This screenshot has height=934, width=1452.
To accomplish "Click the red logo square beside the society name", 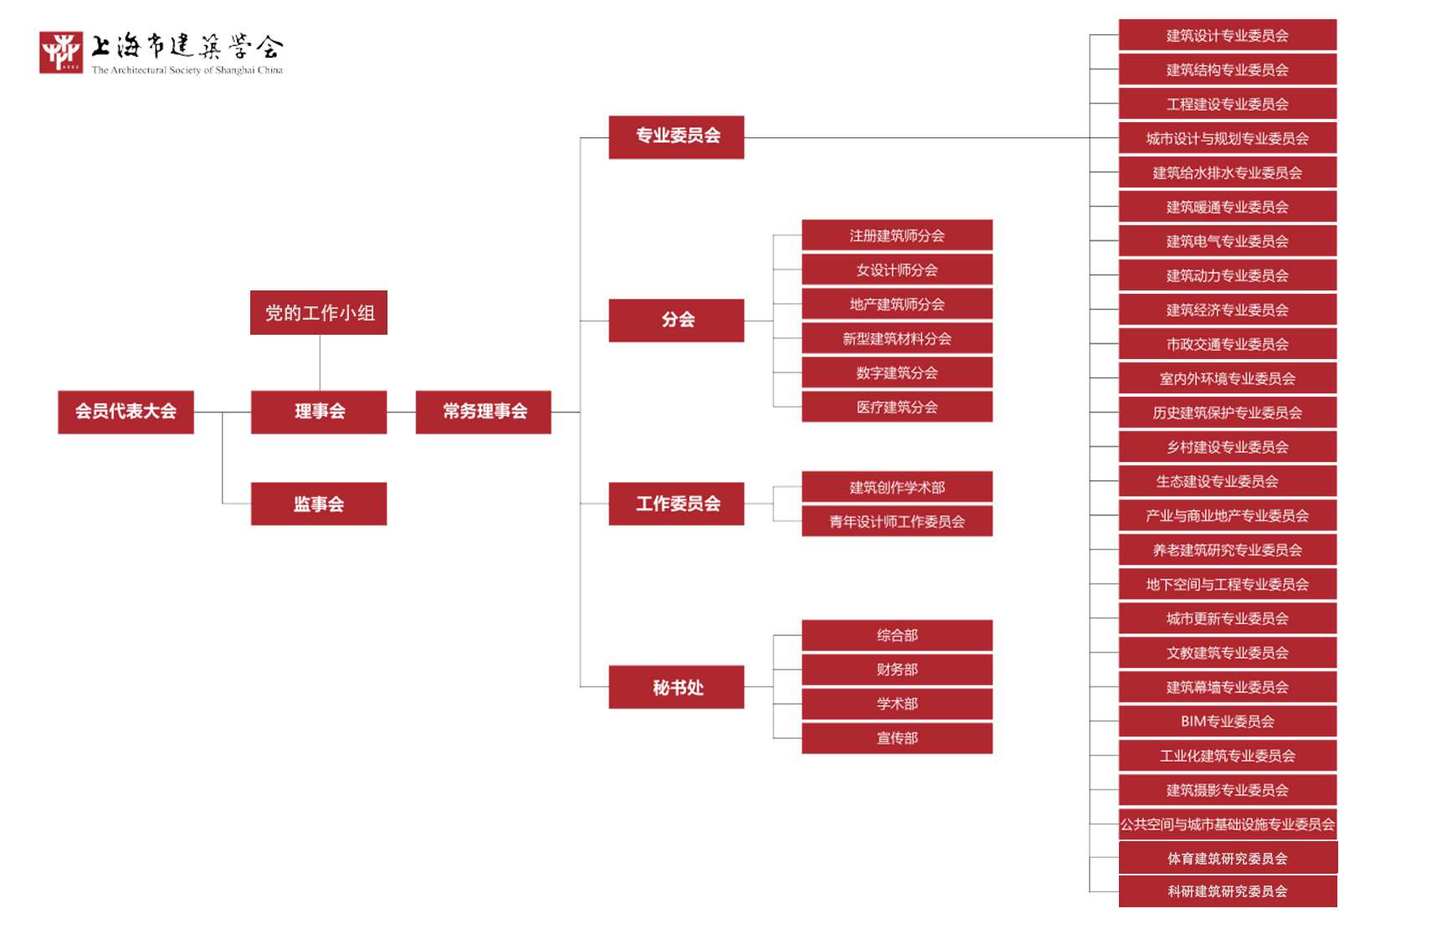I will pos(61,53).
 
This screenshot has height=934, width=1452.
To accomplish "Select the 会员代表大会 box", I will pos(126,412).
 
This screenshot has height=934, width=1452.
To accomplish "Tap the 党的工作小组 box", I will pos(319,313).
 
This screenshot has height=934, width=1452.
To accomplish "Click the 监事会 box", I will pos(319,504).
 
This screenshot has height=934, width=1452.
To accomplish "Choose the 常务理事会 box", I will pos(484,412).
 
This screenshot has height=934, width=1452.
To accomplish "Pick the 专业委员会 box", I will pos(676,136).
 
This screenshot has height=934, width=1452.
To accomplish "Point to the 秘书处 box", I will pos(676,687).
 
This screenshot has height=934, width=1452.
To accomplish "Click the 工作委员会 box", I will pos(676,504).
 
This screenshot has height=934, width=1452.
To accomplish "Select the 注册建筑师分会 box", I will pos(897,235).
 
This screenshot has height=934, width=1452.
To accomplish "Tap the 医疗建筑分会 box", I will pos(897,407).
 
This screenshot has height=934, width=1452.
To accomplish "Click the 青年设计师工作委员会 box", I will pos(897,521).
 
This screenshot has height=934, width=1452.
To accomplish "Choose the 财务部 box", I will pos(897,670).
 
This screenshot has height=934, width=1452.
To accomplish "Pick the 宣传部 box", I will pos(897,738).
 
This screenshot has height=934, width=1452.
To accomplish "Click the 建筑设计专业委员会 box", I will pos(1227,35).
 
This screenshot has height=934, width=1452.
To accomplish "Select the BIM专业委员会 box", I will pos(1227,721).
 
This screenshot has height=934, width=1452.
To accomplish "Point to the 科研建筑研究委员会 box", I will pos(1227,891).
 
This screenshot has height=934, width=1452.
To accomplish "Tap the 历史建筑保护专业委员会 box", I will pos(1227,413).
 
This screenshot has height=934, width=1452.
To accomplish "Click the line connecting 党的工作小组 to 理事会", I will pos(320,362).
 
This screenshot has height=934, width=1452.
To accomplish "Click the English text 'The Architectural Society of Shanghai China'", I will pos(187,70).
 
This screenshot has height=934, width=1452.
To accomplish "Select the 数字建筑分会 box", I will pos(897,372).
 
